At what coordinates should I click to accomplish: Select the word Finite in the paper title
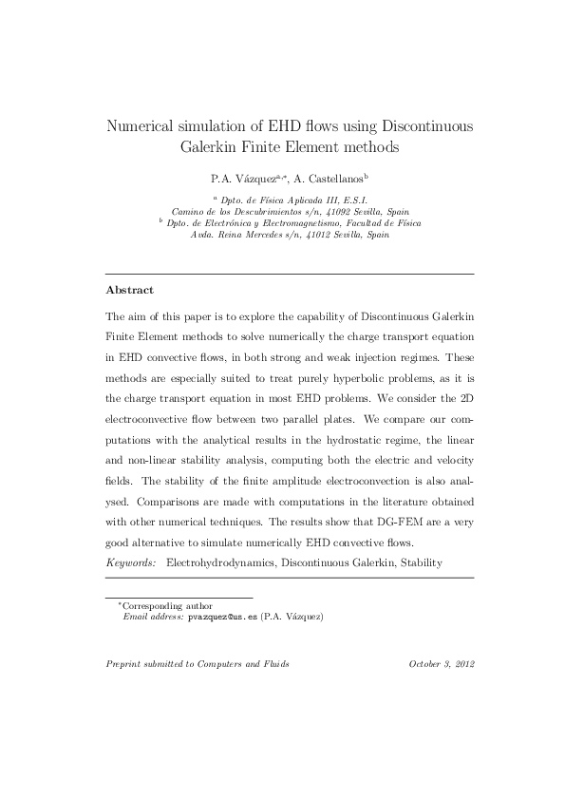(272, 147)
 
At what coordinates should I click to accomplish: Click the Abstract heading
(130, 289)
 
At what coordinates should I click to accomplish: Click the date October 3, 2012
(441, 664)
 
